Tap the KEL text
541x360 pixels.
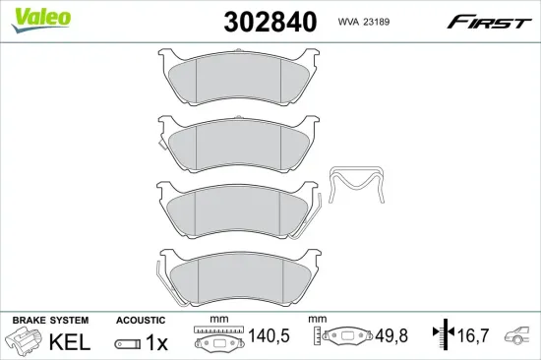(71, 342)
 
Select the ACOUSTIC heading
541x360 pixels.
(140, 321)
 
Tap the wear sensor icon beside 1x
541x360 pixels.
(126, 342)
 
